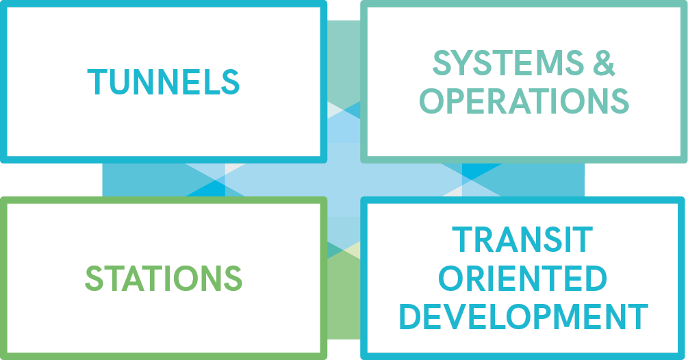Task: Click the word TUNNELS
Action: click(164, 82)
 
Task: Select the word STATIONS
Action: click(164, 279)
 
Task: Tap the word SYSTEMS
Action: click(502, 64)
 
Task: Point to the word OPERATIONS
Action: click(524, 101)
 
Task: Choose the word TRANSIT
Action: click(522, 240)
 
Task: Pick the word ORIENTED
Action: click(522, 279)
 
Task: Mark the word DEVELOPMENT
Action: click(524, 317)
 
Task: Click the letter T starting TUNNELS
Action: click(96, 82)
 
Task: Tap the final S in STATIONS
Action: click(232, 279)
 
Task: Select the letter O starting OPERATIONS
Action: click(434, 101)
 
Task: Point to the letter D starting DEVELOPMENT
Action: click(410, 317)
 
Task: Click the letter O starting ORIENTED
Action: click(452, 279)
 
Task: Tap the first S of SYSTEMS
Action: click(443, 64)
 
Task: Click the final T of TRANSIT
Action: click(582, 240)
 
